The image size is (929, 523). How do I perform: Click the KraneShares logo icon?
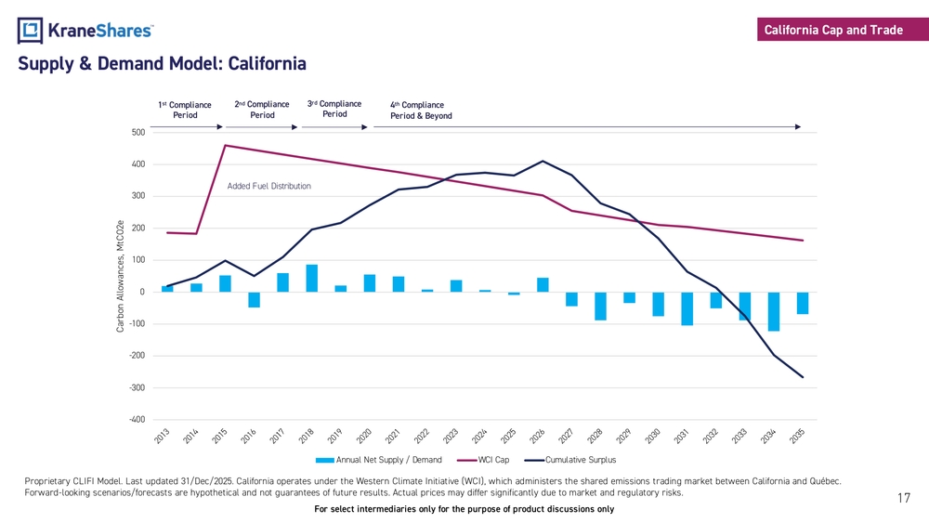click(31, 31)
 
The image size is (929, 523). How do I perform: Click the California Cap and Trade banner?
click(833, 31)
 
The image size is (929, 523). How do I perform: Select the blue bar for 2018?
click(312, 279)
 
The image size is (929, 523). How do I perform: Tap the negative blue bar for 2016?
click(255, 299)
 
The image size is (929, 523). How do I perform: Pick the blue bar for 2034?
click(774, 311)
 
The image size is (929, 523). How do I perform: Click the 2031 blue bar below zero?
click(687, 308)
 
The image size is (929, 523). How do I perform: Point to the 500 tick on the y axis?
click(137, 133)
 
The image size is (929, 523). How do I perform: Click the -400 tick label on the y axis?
click(136, 420)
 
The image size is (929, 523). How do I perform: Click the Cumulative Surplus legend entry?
click(570, 460)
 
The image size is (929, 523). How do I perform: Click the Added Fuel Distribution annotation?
click(269, 187)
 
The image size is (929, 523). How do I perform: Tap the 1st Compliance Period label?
click(185, 111)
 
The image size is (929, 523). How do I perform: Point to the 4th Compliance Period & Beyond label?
click(421, 111)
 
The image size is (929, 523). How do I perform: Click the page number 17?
click(903, 499)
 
